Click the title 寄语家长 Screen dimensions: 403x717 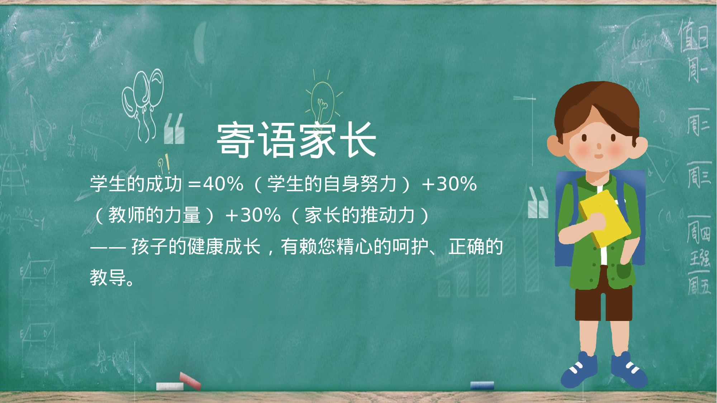pos(296,140)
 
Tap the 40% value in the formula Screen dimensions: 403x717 pos(223,184)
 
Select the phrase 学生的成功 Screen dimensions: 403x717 pos(136,184)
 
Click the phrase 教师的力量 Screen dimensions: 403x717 pos(154,215)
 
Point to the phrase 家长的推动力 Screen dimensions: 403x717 pos(360,215)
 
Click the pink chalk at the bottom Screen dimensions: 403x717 pos(190,380)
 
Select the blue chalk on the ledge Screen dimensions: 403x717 pos(482,385)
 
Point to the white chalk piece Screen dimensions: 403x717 pos(170,386)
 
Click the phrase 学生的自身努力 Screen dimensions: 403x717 pos(332,184)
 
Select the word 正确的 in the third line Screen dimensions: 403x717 pos(476,246)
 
